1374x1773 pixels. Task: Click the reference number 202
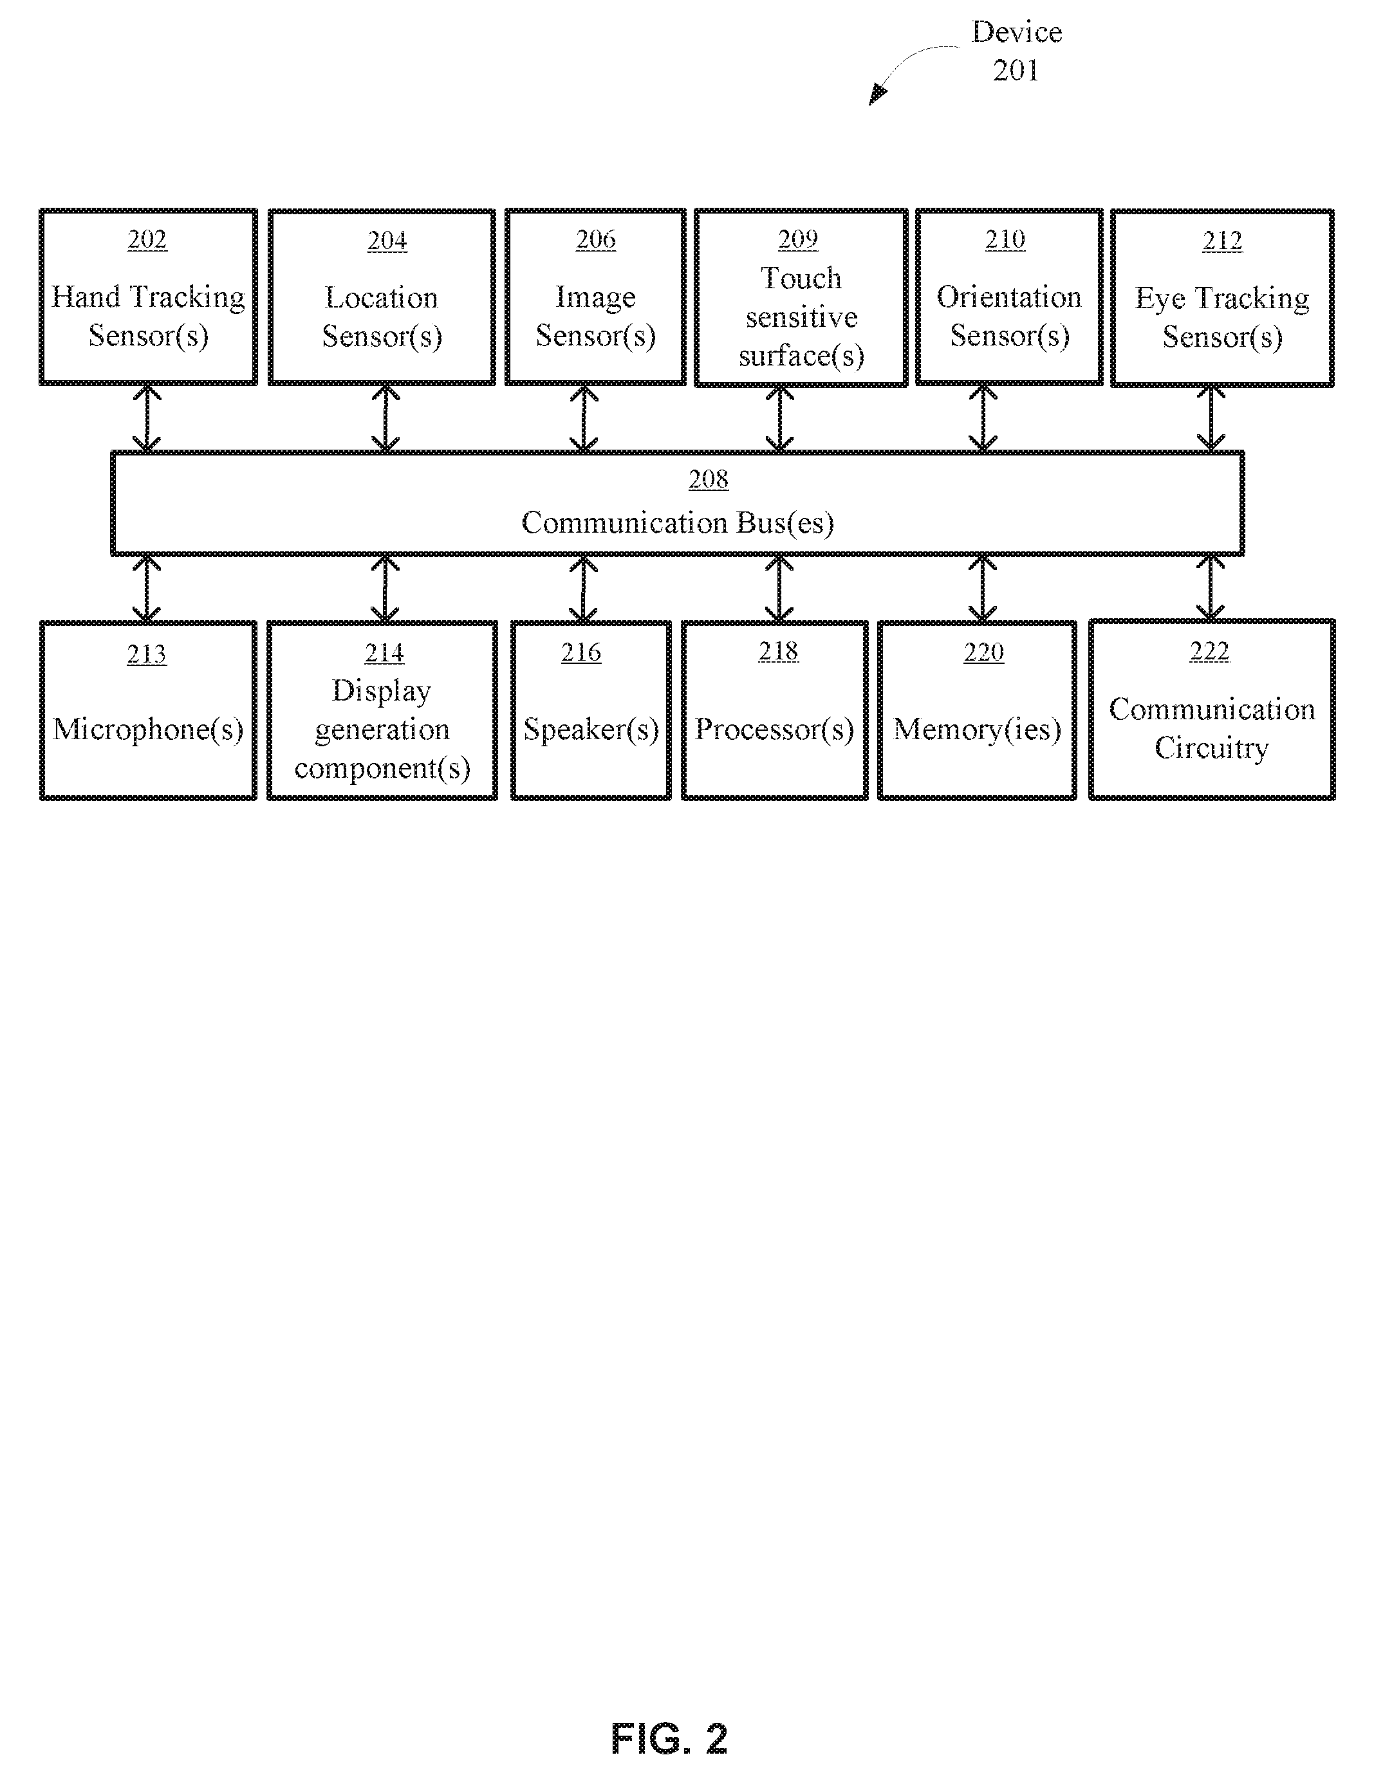pyautogui.click(x=147, y=239)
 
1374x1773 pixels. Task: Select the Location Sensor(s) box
pyautogui.click(x=382, y=297)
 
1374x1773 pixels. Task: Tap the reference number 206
pyautogui.click(x=596, y=239)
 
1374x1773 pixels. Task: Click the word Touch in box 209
pyautogui.click(x=801, y=279)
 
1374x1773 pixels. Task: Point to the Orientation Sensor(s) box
pyautogui.click(x=1009, y=297)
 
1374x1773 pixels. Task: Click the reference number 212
pyautogui.click(x=1222, y=241)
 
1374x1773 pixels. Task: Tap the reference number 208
pyautogui.click(x=708, y=480)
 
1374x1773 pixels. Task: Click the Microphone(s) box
pyautogui.click(x=148, y=710)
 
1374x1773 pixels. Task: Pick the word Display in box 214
pyautogui.click(x=382, y=691)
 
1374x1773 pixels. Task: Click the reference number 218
pyautogui.click(x=778, y=651)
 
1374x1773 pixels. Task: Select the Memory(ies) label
pyautogui.click(x=978, y=729)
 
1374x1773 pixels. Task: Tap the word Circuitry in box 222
pyautogui.click(x=1212, y=748)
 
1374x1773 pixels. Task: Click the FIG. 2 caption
pyautogui.click(x=669, y=1739)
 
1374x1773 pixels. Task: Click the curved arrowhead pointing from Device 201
pyautogui.click(x=877, y=95)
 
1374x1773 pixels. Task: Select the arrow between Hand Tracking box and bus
pyautogui.click(x=146, y=418)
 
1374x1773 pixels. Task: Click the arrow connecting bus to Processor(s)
pyautogui.click(x=779, y=589)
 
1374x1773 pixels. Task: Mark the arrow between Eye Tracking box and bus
pyautogui.click(x=1211, y=419)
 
